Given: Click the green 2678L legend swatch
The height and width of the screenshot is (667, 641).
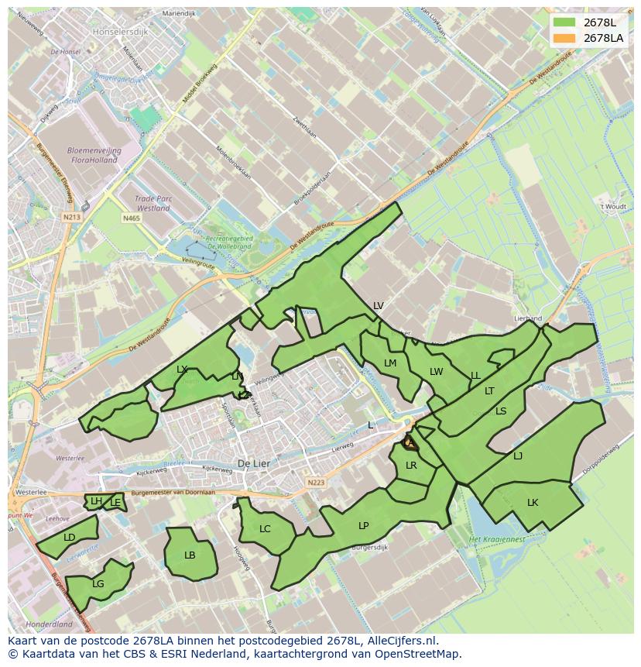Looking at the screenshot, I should pyautogui.click(x=564, y=22).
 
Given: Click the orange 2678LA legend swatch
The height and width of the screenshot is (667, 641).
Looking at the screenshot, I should pyautogui.click(x=564, y=38).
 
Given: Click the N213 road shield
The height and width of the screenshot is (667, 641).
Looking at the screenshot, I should pyautogui.click(x=72, y=218).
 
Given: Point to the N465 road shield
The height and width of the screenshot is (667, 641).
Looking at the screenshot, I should pyautogui.click(x=131, y=219).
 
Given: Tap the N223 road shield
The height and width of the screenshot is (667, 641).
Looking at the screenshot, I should pyautogui.click(x=315, y=482).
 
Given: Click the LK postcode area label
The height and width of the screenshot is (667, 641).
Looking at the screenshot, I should pyautogui.click(x=533, y=503).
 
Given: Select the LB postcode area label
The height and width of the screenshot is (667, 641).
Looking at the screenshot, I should pyautogui.click(x=190, y=555).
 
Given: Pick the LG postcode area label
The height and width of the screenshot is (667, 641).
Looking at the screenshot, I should pyautogui.click(x=98, y=584).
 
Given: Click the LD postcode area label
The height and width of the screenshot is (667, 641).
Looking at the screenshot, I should pyautogui.click(x=70, y=538).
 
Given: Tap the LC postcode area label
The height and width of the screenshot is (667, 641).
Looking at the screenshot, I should pyautogui.click(x=265, y=529).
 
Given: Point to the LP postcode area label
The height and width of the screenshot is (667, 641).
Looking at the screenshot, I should pyautogui.click(x=364, y=525).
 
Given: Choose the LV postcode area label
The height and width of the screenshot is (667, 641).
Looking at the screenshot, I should pyautogui.click(x=378, y=306).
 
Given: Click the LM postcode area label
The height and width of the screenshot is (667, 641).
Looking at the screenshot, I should pyautogui.click(x=390, y=363).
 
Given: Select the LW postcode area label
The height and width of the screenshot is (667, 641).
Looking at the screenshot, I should pyautogui.click(x=436, y=372).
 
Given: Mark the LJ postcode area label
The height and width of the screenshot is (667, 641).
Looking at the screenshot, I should pyautogui.click(x=518, y=456).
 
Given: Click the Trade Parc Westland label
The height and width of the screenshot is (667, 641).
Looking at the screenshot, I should pyautogui.click(x=153, y=204).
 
